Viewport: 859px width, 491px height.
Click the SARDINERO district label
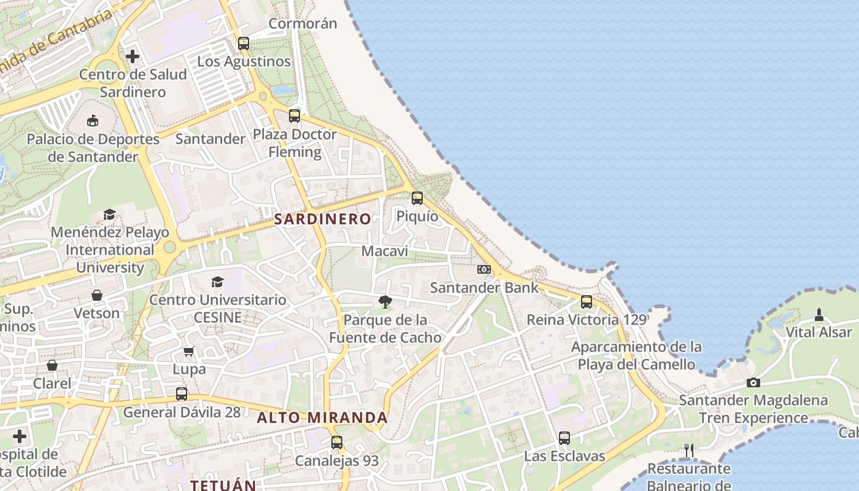coord(322,219)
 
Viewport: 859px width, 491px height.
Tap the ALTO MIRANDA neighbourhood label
coord(322,418)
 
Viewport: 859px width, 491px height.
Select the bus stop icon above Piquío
coord(417,198)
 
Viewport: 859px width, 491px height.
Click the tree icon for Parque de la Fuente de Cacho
coord(385,301)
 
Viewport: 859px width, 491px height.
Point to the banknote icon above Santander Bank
coord(484,269)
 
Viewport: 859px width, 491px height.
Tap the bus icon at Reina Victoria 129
coord(587,302)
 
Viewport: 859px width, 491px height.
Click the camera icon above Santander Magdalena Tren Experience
coord(753,382)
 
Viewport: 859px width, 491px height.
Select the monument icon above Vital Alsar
coord(819,315)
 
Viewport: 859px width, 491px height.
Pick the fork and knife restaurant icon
coord(689,450)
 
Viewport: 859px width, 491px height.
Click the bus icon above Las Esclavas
coord(564,438)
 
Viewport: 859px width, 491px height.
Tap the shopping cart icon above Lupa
coord(189,351)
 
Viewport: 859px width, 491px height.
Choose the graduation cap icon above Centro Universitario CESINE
coord(217,282)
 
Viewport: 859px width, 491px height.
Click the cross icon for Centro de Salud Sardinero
coord(133,56)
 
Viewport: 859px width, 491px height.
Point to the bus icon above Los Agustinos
coord(244,43)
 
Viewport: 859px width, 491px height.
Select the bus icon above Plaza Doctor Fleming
coord(295,115)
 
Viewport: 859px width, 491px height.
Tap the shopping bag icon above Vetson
coord(96,295)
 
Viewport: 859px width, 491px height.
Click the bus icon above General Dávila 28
coord(182,393)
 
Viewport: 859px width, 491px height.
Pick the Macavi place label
coord(385,251)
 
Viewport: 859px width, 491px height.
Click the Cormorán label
coord(303,24)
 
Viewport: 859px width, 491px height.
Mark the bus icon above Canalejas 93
coord(337,442)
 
